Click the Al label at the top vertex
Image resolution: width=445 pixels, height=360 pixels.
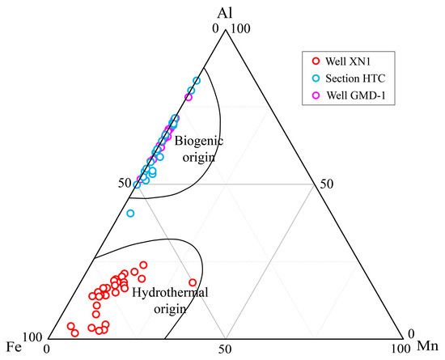pyautogui.click(x=225, y=13)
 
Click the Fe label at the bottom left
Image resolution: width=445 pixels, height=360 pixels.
pyautogui.click(x=14, y=347)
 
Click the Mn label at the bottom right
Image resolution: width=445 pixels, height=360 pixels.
pyautogui.click(x=428, y=346)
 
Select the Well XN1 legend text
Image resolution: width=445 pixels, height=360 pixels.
pyautogui.click(x=348, y=61)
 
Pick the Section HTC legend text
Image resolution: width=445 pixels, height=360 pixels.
pyautogui.click(x=355, y=78)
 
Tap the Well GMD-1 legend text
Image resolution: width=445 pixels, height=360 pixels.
pyautogui.click(x=356, y=95)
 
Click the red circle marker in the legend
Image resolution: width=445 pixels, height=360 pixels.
pyautogui.click(x=316, y=61)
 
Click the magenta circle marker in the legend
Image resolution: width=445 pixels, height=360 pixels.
pyautogui.click(x=316, y=95)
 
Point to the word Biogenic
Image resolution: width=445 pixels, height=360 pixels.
pyautogui.click(x=199, y=141)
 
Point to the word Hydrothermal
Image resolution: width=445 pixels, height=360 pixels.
pyautogui.click(x=170, y=293)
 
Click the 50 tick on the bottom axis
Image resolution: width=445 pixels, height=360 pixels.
pyautogui.click(x=225, y=349)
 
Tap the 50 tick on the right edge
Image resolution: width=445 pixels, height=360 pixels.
pyautogui.click(x=327, y=184)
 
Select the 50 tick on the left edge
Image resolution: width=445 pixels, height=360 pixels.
pyautogui.click(x=125, y=184)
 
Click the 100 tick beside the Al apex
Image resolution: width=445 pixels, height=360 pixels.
pyautogui.click(x=241, y=28)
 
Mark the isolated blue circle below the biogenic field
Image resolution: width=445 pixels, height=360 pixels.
pyautogui.click(x=130, y=213)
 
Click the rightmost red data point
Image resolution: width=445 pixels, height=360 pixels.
pyautogui.click(x=193, y=282)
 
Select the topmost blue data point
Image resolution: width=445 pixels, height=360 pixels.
pyautogui.click(x=197, y=81)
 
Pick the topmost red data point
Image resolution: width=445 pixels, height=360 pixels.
pyautogui.click(x=143, y=265)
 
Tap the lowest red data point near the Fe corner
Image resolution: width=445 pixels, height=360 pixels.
pyautogui.click(x=74, y=332)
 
